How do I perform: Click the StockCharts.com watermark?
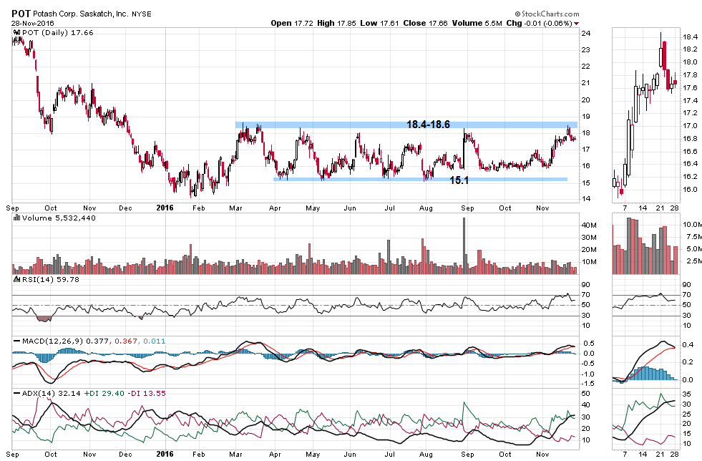[550, 14]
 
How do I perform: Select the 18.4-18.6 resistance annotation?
[428, 125]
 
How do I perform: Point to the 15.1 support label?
[459, 181]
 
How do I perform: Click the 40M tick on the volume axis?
[588, 225]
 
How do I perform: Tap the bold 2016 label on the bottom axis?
[164, 453]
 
